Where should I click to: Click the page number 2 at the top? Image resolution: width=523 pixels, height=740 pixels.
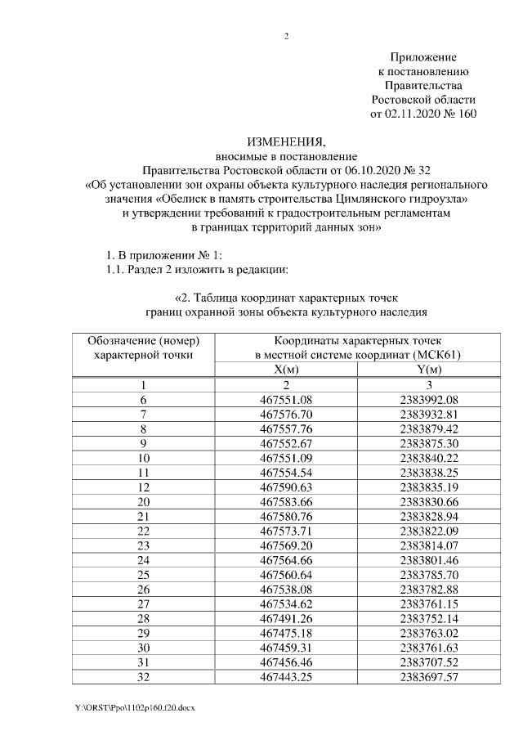(x=286, y=37)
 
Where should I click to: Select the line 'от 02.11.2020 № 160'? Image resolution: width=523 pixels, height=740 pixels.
(x=422, y=114)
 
